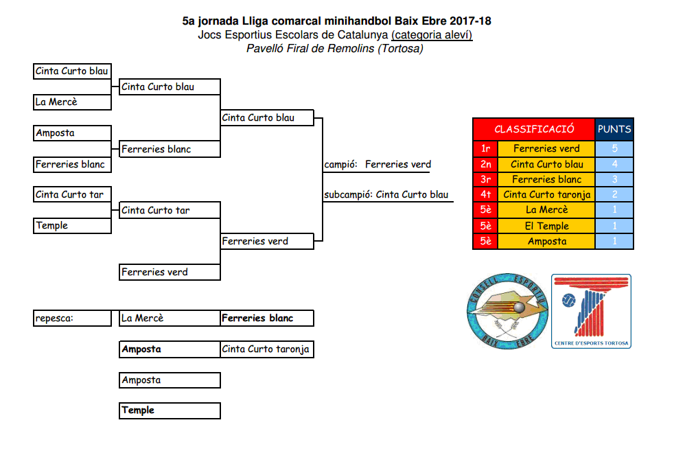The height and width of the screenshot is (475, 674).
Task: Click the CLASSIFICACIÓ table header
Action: point(534,129)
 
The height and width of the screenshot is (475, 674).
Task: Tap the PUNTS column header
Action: point(614,129)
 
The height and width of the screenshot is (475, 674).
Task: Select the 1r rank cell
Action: point(485,148)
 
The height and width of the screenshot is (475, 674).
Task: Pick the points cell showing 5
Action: point(614,148)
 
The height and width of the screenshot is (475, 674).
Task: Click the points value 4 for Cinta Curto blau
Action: point(614,164)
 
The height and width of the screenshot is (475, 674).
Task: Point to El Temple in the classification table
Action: point(546,226)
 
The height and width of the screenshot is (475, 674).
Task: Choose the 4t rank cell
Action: point(485,195)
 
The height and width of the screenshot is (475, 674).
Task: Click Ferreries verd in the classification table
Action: point(546,148)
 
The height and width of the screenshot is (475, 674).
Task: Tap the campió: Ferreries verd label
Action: point(377,165)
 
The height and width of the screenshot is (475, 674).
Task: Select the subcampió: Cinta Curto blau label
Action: point(386,195)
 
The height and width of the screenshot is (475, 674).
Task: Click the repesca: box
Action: point(72,318)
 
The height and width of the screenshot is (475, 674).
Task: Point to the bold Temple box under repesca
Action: point(170,410)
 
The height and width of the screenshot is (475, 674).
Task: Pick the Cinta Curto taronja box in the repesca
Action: point(267,349)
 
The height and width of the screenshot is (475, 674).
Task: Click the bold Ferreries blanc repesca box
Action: point(267,318)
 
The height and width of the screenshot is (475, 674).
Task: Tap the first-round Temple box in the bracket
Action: point(72,226)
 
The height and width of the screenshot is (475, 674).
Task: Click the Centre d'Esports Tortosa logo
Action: point(591,311)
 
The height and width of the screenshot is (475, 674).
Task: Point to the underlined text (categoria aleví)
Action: point(432,35)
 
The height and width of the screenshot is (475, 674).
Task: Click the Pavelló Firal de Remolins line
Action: point(335,49)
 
